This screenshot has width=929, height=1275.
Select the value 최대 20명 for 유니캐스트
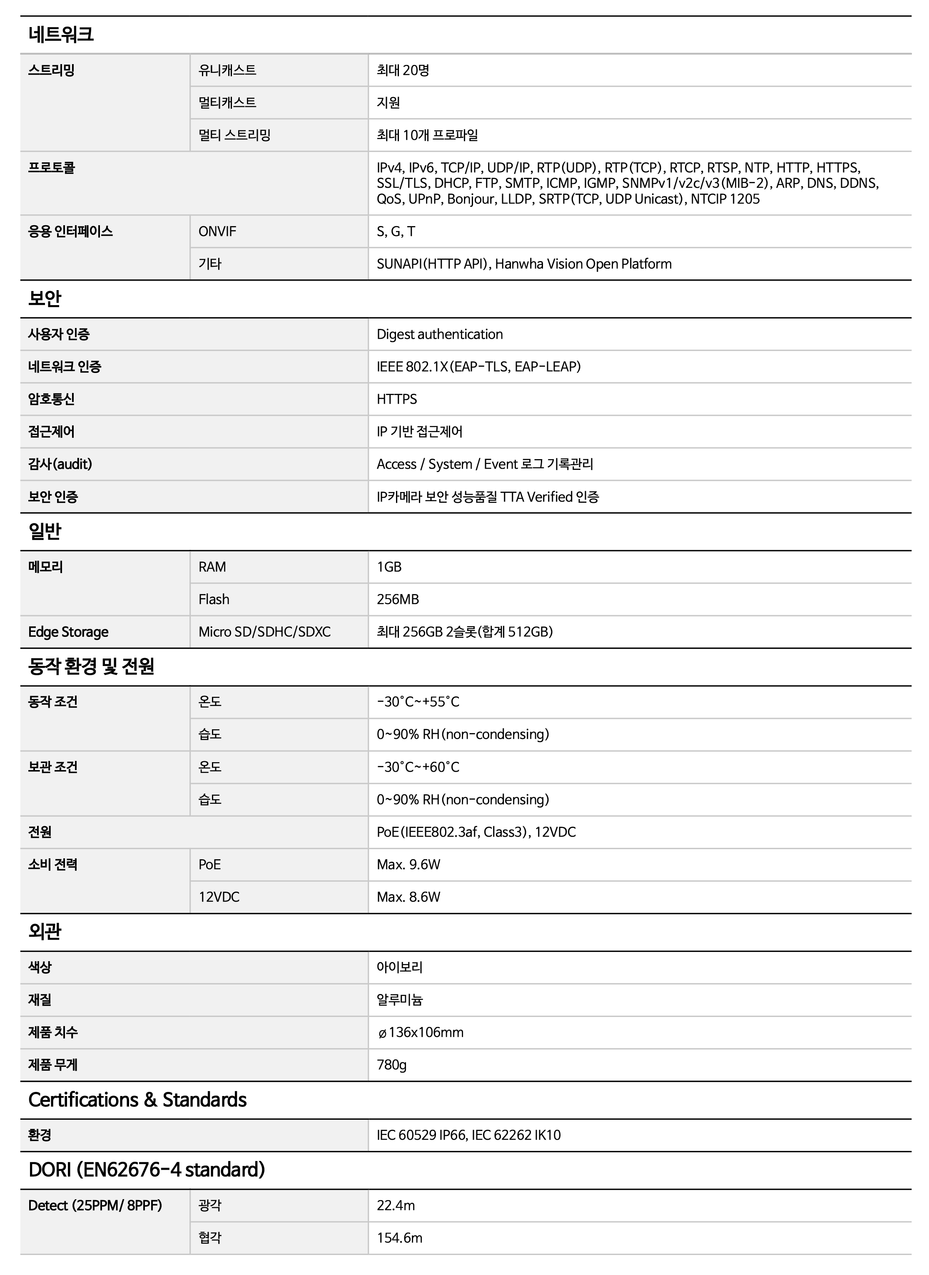click(403, 70)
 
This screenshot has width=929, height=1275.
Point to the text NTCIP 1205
click(725, 199)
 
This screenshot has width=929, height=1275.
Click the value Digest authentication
click(439, 335)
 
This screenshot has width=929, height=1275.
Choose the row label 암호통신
click(51, 399)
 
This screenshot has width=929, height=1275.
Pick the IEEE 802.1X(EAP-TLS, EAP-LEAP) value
click(478, 367)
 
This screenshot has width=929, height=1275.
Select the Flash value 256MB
click(398, 599)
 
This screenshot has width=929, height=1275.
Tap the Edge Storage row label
click(68, 632)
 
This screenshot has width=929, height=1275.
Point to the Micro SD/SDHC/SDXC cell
click(264, 632)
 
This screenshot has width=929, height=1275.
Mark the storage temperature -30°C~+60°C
click(418, 767)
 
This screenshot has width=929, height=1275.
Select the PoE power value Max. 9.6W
click(408, 865)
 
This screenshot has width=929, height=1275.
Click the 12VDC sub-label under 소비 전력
click(219, 897)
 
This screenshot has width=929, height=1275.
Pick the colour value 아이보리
click(399, 967)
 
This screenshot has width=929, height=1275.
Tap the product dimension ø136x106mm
click(421, 1032)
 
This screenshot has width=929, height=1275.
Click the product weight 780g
click(391, 1065)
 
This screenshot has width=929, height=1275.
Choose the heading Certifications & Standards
click(137, 1100)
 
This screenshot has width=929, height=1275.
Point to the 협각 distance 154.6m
click(399, 1238)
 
